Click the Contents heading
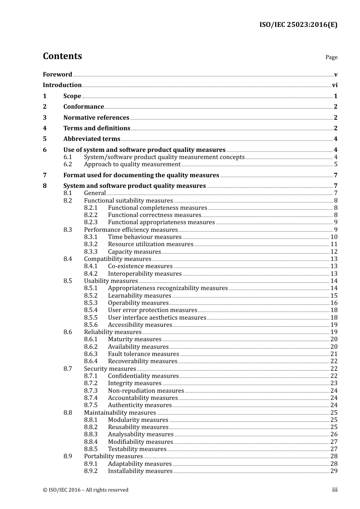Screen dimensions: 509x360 (x=62, y=56)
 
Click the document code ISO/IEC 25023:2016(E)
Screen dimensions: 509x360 (x=298, y=25)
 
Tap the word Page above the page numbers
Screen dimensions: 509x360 (x=331, y=57)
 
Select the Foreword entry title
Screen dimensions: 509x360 (x=57, y=75)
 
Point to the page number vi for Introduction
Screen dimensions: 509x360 (x=335, y=85)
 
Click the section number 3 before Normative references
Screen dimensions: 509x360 (x=45, y=118)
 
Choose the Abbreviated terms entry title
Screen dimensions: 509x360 (x=92, y=139)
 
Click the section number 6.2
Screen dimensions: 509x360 (x=67, y=164)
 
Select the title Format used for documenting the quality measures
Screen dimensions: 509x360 (x=141, y=175)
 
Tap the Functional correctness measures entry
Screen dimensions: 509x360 (x=154, y=215)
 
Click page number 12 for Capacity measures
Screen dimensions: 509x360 (x=334, y=252)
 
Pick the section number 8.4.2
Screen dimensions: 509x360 (x=91, y=274)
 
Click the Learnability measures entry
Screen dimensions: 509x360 (x=139, y=296)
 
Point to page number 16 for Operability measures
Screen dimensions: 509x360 (x=334, y=303)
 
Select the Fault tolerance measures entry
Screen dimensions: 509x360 (x=143, y=354)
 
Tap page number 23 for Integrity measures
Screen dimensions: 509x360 (x=334, y=383)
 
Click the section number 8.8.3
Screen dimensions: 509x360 (x=91, y=434)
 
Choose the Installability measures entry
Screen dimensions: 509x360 (x=140, y=471)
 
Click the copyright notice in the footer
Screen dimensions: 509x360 (x=86, y=490)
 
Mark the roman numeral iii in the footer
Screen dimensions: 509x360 (x=335, y=490)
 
